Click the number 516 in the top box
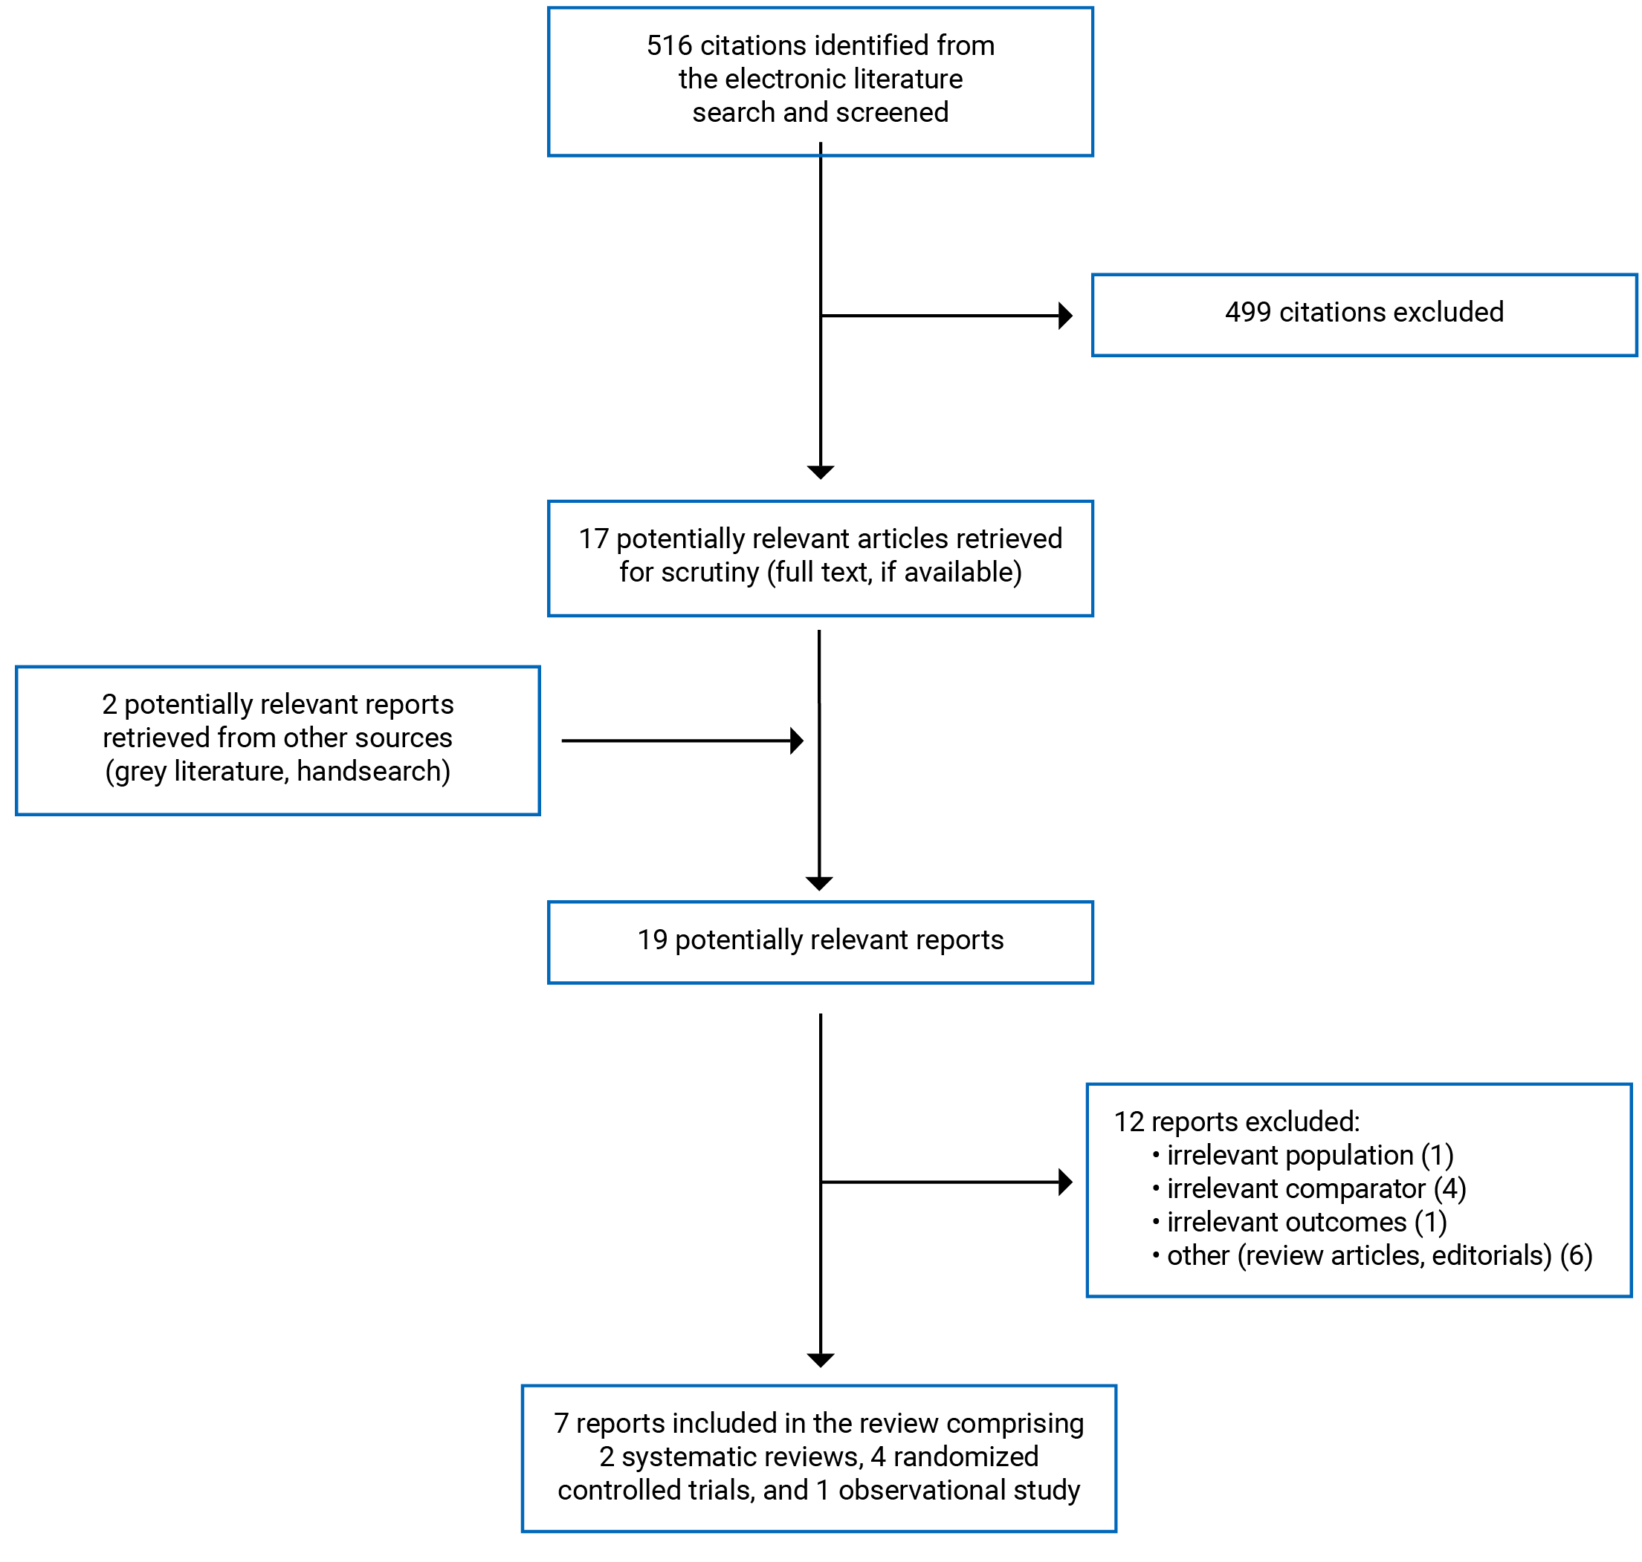pyautogui.click(x=668, y=45)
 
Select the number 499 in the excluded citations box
pyautogui.click(x=1247, y=312)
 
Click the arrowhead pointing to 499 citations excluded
pyautogui.click(x=1064, y=316)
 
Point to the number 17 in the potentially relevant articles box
pyautogui.click(x=593, y=538)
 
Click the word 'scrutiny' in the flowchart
pyautogui.click(x=710, y=572)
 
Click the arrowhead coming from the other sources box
pyautogui.click(x=796, y=741)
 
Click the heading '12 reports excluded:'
pyautogui.click(x=1236, y=1122)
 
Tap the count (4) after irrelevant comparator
pyautogui.click(x=1449, y=1188)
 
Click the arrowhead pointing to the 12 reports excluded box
pyautogui.click(x=1064, y=1182)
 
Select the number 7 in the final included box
pyautogui.click(x=561, y=1423)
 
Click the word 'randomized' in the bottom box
pyautogui.click(x=966, y=1457)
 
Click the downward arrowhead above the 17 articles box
pyautogui.click(x=821, y=472)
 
